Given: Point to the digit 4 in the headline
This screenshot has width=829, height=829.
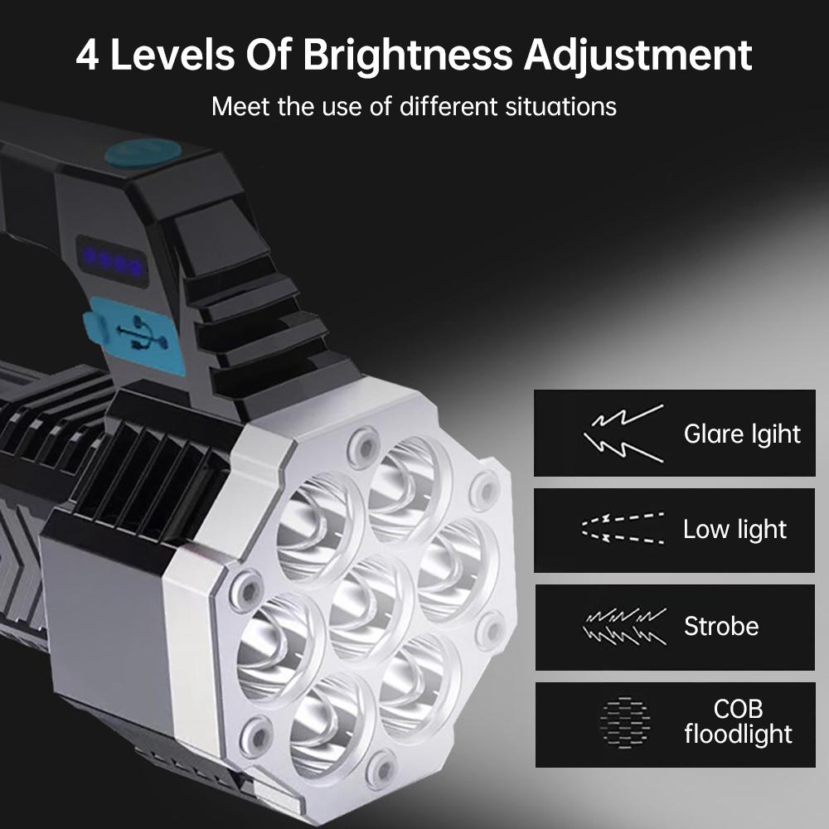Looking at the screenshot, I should (x=90, y=54).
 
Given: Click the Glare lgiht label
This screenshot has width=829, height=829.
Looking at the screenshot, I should (x=742, y=434).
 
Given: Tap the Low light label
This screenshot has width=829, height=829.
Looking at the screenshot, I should (x=734, y=530).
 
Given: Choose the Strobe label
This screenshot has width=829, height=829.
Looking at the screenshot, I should (x=721, y=626).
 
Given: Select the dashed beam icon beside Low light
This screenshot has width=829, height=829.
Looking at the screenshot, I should (x=623, y=530).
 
